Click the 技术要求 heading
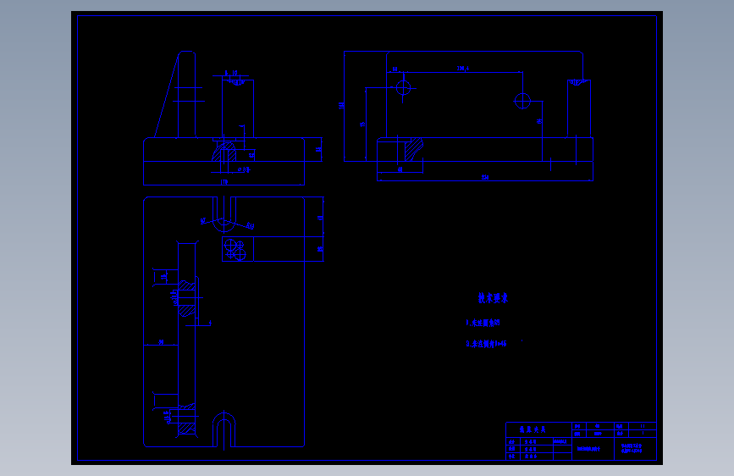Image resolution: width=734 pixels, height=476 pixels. click(x=493, y=298)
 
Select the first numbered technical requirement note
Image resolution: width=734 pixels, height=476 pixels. click(x=483, y=323)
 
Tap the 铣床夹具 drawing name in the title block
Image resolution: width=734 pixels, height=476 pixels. click(x=533, y=429)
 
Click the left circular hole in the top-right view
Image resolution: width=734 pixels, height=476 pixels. click(x=403, y=86)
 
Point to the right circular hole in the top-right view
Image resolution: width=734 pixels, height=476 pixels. click(x=522, y=102)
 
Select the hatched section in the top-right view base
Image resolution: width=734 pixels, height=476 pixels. click(x=413, y=150)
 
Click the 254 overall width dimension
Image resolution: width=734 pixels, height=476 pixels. click(x=485, y=177)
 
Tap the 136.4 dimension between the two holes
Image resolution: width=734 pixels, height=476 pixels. click(x=462, y=69)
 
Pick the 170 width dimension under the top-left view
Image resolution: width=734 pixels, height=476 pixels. click(x=224, y=181)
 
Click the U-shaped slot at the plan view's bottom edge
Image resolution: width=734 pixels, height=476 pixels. click(x=224, y=429)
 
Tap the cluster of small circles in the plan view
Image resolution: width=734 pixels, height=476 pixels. click(x=235, y=249)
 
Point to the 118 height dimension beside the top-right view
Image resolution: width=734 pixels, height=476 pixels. click(x=341, y=105)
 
